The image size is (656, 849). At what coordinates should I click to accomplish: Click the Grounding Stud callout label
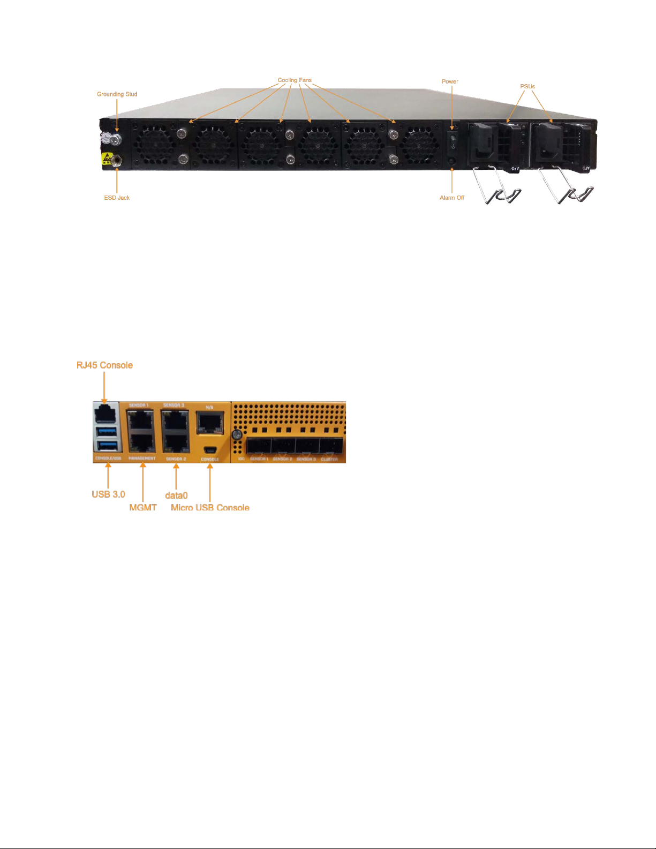point(117,94)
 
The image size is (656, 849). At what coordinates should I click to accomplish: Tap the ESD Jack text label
point(117,198)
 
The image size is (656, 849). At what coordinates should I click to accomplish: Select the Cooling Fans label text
point(295,80)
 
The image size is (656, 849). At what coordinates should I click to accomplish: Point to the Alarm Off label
point(452,198)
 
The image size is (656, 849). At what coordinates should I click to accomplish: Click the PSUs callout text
point(527,86)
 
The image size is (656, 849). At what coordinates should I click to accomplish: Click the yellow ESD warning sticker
point(107,159)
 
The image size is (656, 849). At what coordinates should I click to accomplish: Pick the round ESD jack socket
point(116,159)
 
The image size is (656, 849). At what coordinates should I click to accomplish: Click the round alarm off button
point(453,160)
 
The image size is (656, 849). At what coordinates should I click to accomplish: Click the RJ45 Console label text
point(104,365)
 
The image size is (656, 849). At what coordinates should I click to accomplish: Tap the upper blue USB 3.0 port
point(107,432)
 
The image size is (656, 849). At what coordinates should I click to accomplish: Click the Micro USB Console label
point(210,507)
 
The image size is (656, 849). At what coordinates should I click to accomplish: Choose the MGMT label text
point(143,507)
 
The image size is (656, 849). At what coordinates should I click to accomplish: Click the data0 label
point(176,495)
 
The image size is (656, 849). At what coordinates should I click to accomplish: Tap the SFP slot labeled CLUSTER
point(330,446)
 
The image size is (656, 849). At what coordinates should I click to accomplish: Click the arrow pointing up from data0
point(176,476)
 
